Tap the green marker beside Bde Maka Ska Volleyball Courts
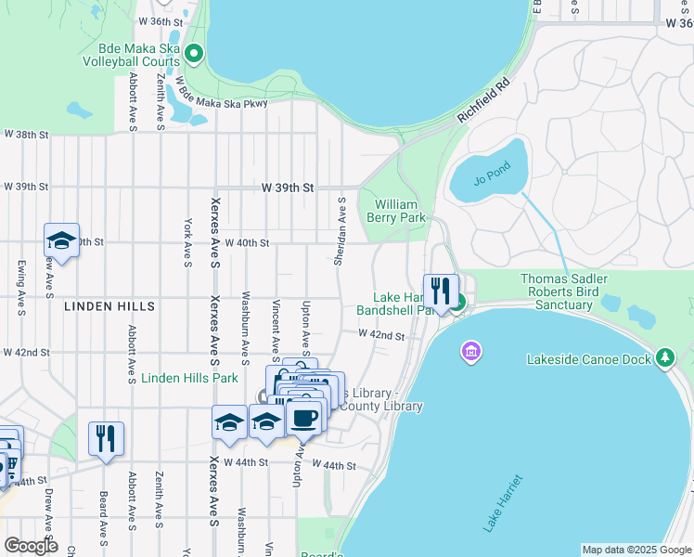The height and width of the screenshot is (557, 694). point(194,54)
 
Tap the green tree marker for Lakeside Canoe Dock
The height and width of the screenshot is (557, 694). point(664,357)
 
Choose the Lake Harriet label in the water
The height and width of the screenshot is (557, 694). point(502,503)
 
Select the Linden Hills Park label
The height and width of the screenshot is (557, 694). point(189,378)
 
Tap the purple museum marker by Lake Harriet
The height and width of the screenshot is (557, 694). point(470,352)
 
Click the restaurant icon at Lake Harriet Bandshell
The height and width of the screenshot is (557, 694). point(441,290)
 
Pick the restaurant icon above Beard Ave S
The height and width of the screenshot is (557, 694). point(106,438)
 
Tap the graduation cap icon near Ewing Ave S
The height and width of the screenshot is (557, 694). point(61,240)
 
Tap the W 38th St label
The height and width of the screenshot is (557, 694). point(25,135)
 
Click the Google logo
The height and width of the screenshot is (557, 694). point(30,545)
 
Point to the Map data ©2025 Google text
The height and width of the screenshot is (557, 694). point(635,550)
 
